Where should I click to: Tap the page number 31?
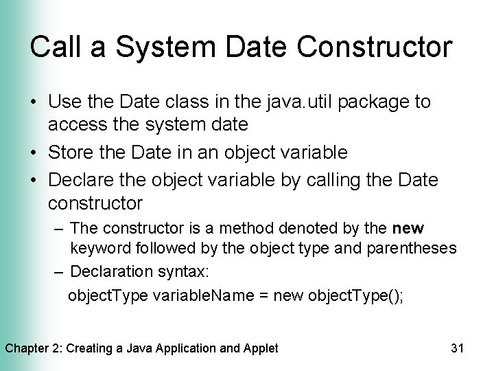click(x=458, y=348)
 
